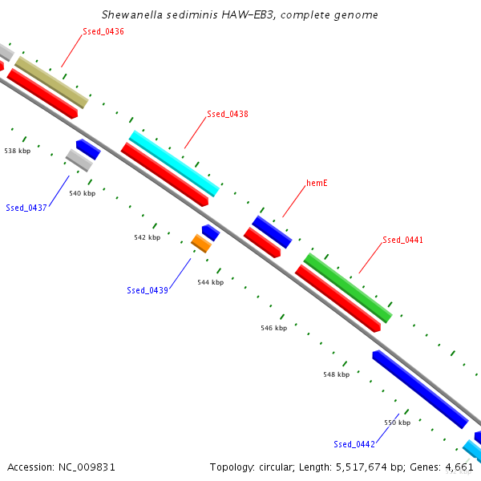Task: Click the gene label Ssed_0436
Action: pos(103,31)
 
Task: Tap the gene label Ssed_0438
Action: pos(228,114)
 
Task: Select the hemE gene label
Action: pos(317,183)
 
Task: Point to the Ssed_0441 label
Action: pos(402,240)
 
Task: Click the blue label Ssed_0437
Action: pos(26,208)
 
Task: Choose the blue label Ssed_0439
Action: pos(148,290)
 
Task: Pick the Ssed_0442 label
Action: pos(354,444)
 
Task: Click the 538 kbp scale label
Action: pos(18,151)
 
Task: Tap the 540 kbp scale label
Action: pos(83,193)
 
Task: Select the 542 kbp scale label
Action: pos(148,237)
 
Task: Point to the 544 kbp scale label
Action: pos(210,282)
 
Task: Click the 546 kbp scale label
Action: pos(274,328)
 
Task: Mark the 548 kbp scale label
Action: pos(337,374)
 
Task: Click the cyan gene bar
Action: pos(174,164)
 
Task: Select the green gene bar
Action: pos(348,288)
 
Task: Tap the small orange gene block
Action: pos(201,244)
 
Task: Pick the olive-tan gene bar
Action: pos(52,83)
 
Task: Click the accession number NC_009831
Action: pos(87,467)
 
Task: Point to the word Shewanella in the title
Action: pos(132,14)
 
